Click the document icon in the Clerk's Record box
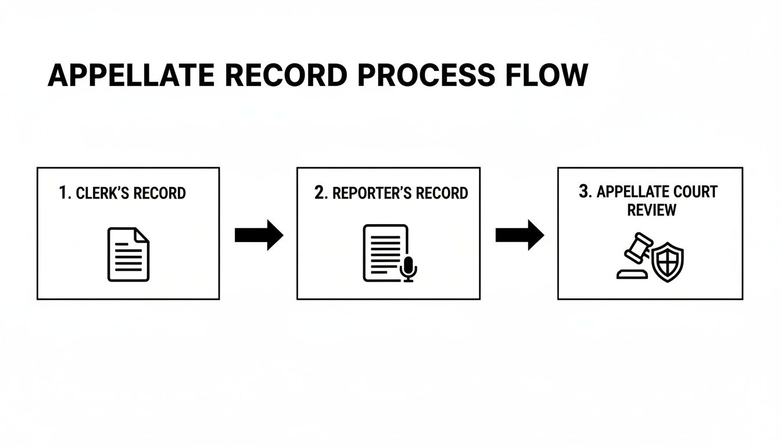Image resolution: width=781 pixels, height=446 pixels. point(128,254)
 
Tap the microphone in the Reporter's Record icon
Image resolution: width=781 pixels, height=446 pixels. point(409,268)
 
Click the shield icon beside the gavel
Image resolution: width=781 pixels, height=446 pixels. point(668,262)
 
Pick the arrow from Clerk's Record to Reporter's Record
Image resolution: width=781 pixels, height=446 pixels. point(259,235)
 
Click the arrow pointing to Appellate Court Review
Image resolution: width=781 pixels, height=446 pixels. point(519,235)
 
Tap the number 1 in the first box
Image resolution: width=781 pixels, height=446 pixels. point(64,193)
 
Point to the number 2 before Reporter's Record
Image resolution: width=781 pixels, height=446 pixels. point(320,193)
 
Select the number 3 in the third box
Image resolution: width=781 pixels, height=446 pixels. point(584,192)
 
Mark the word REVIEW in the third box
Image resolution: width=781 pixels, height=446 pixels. point(651,210)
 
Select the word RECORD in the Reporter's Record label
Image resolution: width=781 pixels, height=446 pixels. point(442,193)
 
